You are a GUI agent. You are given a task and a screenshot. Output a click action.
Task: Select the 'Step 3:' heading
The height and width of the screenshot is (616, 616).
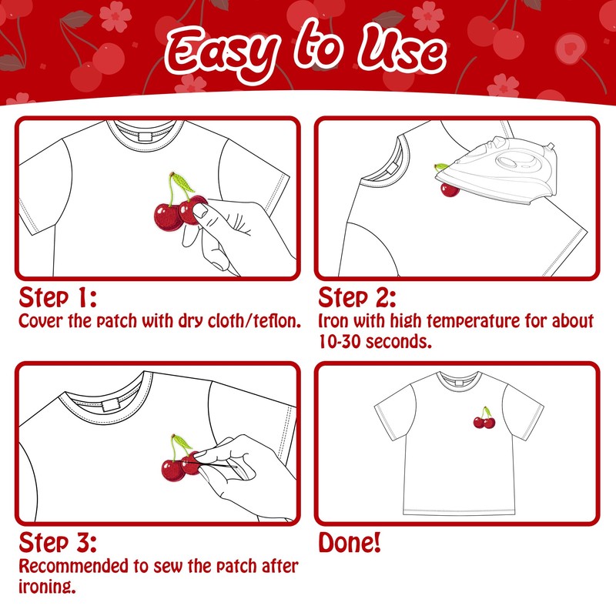pyautogui.click(x=58, y=542)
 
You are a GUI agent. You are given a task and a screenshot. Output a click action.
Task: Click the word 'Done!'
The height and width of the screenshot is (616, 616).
pyautogui.click(x=350, y=542)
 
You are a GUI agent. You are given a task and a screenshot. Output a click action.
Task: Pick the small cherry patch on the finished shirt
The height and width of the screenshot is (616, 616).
pyautogui.click(x=484, y=419)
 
